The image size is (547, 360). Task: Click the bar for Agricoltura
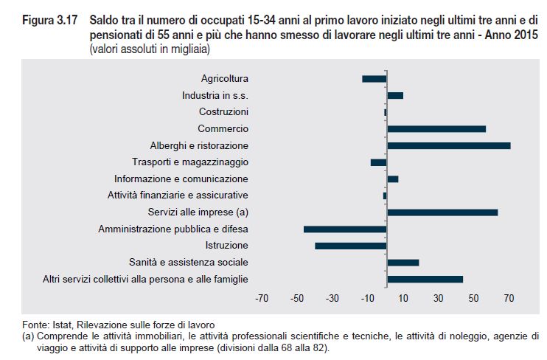click(x=374, y=79)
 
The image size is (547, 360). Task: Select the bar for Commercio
click(x=436, y=128)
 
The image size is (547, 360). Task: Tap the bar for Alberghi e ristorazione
click(x=448, y=145)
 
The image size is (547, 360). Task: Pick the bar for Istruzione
click(x=351, y=246)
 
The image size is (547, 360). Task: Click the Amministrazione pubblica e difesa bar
click(x=345, y=229)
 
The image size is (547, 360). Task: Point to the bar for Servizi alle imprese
click(x=442, y=212)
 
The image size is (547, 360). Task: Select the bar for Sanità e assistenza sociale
click(x=403, y=263)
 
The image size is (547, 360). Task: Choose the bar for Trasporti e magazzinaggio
click(x=378, y=162)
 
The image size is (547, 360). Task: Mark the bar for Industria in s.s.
click(x=395, y=95)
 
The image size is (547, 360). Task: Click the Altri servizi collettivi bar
click(x=425, y=279)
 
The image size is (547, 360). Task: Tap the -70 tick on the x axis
click(x=262, y=299)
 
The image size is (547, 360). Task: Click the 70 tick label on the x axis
click(x=509, y=299)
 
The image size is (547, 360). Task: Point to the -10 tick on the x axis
click(x=368, y=299)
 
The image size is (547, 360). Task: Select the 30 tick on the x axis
click(x=439, y=299)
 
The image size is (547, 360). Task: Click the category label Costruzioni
click(x=223, y=112)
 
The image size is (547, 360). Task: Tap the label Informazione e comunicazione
click(x=181, y=179)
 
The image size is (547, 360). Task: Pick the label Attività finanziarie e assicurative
click(x=178, y=195)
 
